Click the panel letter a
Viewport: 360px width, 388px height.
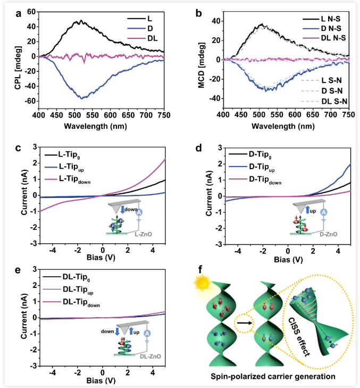6,6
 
